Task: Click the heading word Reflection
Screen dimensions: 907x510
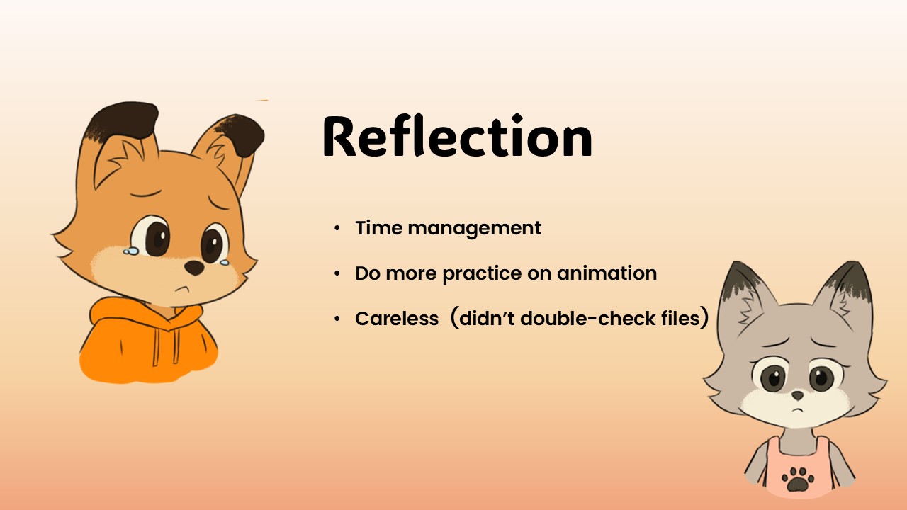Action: click(x=457, y=136)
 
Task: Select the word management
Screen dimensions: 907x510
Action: click(x=474, y=229)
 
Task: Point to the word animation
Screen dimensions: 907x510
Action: click(x=607, y=273)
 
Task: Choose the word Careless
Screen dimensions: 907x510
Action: click(x=397, y=319)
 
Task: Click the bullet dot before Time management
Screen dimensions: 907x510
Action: click(x=337, y=228)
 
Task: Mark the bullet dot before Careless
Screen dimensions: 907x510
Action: click(x=337, y=319)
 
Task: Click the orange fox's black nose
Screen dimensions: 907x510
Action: click(x=194, y=267)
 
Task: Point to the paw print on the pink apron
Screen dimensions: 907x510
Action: click(x=797, y=480)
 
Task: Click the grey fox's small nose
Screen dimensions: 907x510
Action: click(x=797, y=395)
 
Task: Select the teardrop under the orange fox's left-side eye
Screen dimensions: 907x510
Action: click(x=131, y=251)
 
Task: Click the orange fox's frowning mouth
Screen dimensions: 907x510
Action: click(x=183, y=289)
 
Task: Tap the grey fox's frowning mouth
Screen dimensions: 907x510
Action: click(x=797, y=409)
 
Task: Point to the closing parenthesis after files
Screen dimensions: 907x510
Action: click(x=704, y=317)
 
